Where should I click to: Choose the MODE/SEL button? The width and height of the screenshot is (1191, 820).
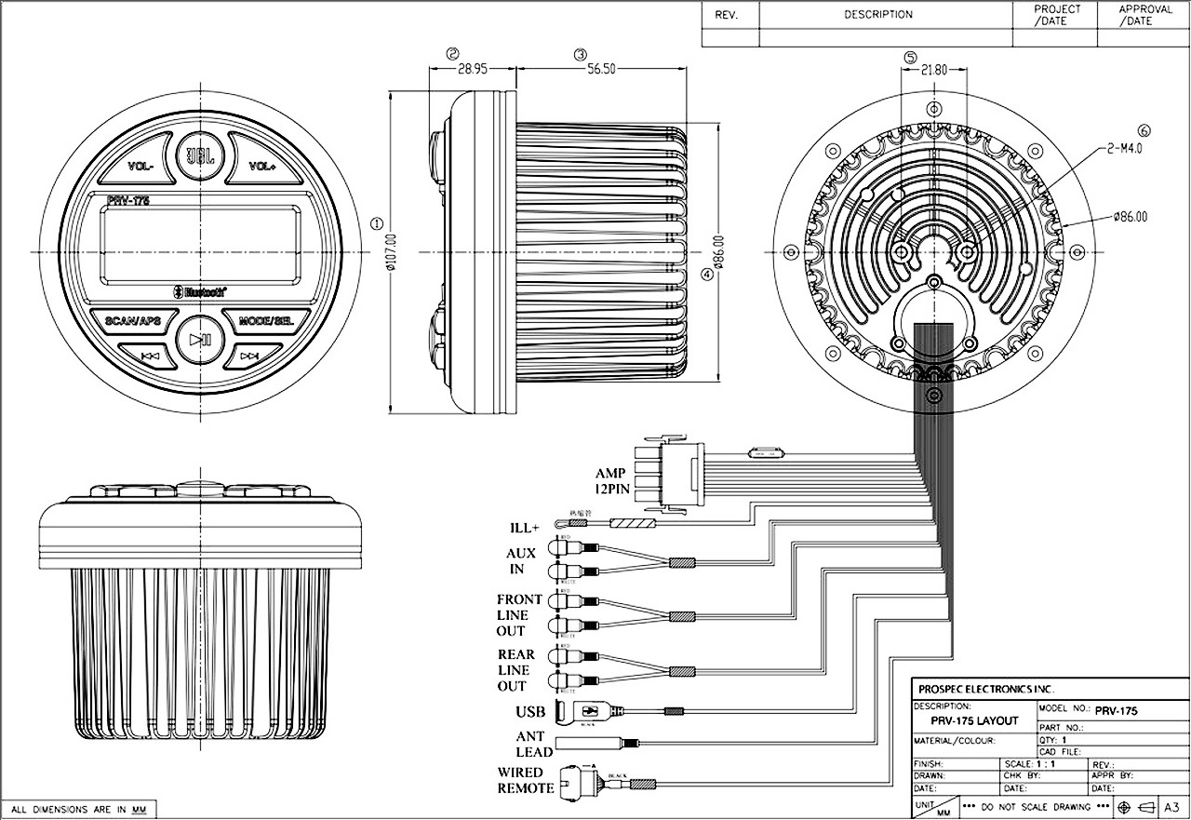[x=266, y=321]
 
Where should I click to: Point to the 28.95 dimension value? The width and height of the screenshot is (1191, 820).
[x=473, y=70]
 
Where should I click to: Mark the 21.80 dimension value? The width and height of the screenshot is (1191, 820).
[x=933, y=70]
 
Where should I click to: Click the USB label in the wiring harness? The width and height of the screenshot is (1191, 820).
[x=530, y=713]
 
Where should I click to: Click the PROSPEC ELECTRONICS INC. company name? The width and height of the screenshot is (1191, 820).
[x=985, y=690]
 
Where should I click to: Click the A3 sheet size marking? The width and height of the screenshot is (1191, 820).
[x=1173, y=807]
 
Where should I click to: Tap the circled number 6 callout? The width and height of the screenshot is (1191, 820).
[x=1144, y=131]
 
